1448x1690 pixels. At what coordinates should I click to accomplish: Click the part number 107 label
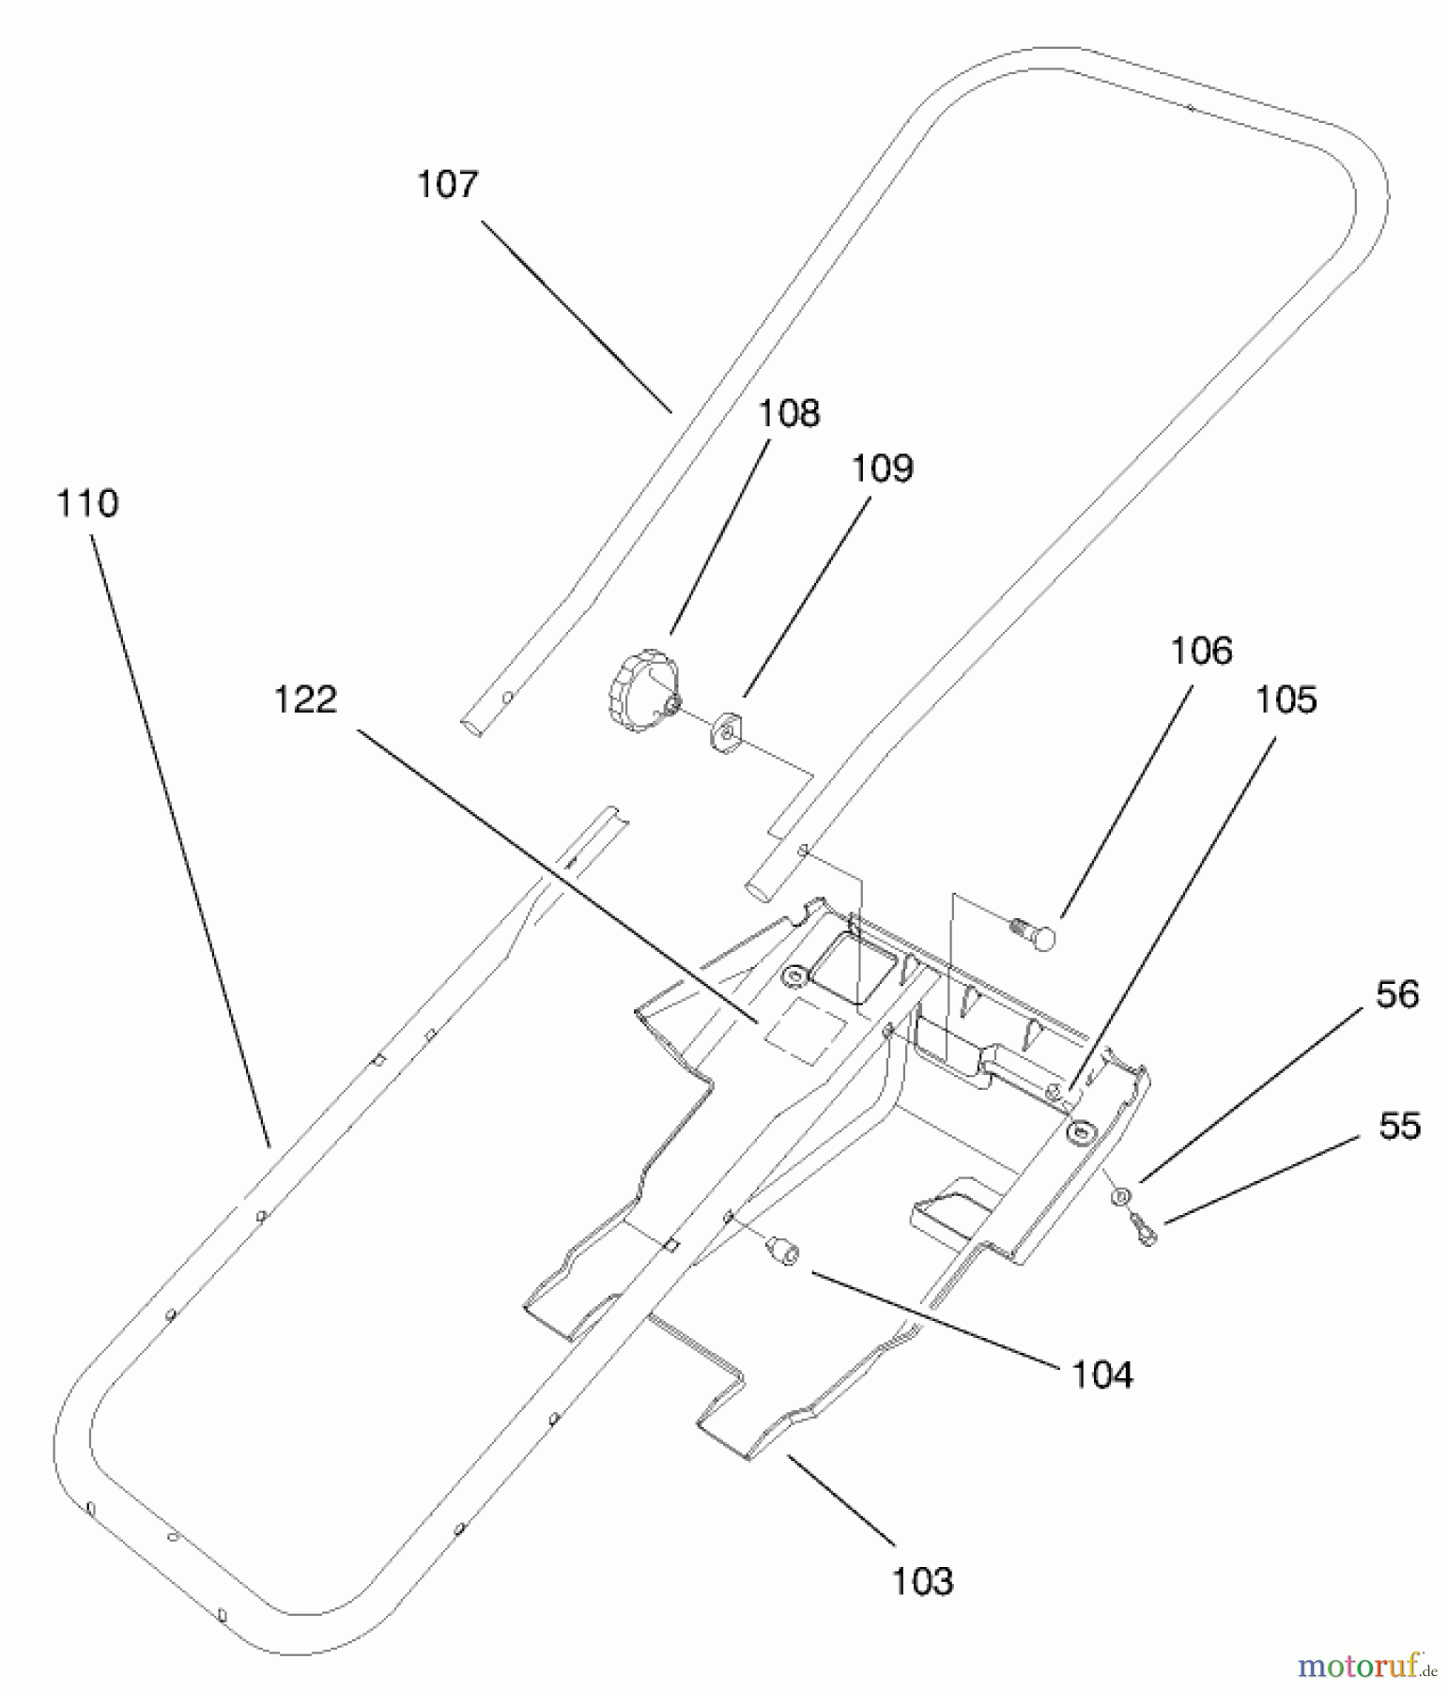[x=448, y=184]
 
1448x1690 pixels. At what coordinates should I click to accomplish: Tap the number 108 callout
[x=789, y=413]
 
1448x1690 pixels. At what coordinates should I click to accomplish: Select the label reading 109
[x=882, y=468]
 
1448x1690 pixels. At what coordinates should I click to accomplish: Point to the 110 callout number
[x=87, y=503]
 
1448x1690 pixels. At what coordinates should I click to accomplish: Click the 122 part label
[x=305, y=699]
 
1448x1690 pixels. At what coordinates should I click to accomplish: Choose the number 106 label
[x=1201, y=651]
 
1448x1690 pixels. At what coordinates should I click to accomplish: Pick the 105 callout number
[x=1286, y=699]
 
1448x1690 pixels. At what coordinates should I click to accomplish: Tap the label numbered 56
[x=1397, y=994]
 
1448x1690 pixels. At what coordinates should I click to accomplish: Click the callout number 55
[x=1399, y=1126]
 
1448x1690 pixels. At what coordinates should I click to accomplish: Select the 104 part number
[x=1102, y=1375]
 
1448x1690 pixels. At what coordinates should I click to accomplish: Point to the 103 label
[x=922, y=1582]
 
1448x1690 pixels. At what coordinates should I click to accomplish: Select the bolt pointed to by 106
[x=1033, y=934]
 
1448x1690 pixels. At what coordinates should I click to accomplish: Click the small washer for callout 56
[x=1120, y=1196]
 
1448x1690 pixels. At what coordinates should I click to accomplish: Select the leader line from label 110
[x=180, y=841]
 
